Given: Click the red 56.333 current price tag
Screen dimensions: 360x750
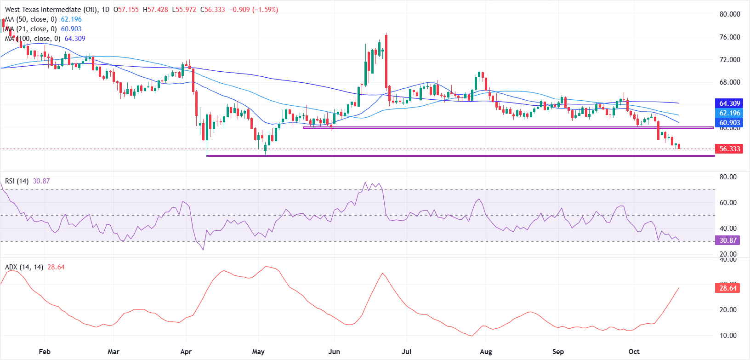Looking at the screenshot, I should (x=729, y=149).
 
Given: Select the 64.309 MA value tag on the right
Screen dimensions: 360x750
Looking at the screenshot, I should (x=729, y=103).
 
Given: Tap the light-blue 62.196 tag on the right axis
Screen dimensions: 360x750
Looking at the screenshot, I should (x=729, y=113).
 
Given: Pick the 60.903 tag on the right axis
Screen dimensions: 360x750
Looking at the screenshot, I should (x=729, y=123).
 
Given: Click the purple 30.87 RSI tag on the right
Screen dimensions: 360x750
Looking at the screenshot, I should (x=728, y=240).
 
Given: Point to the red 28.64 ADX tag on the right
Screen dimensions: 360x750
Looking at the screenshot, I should (x=728, y=288).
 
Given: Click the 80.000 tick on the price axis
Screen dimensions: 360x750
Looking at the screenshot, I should (x=729, y=14).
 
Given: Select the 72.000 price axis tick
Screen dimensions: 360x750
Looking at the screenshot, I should (x=729, y=60).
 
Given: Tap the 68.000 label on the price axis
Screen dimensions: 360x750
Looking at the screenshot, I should (x=729, y=82).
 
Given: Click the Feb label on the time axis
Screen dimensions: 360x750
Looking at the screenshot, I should (x=45, y=352).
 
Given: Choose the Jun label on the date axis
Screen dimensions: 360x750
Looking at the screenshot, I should (x=334, y=352).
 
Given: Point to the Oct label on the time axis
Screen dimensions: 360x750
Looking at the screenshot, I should (x=634, y=352).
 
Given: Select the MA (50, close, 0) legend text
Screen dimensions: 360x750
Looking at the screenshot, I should (x=31, y=19).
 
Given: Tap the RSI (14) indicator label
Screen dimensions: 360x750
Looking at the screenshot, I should (x=17, y=181).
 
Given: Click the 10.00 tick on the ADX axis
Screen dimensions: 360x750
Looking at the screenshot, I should (x=728, y=336).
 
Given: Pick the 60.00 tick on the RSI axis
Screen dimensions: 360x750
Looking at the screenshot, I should (x=728, y=203).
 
